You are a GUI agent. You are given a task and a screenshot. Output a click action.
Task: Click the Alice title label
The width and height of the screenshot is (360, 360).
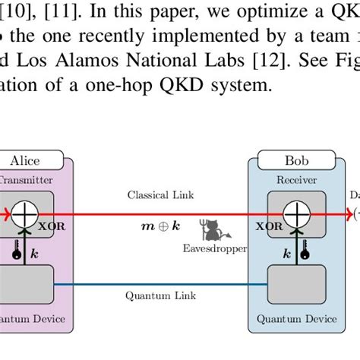24,160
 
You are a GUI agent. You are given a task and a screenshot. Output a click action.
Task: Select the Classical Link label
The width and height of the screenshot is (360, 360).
160,195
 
